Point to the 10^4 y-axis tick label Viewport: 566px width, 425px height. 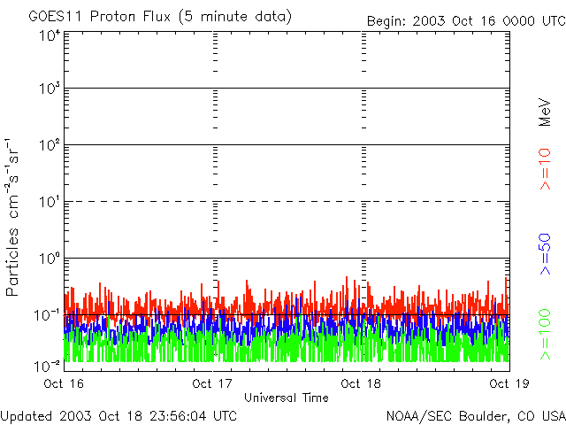pos(50,35)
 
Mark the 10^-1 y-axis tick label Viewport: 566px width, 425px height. pos(48,315)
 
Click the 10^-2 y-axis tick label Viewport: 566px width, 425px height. pos(48,364)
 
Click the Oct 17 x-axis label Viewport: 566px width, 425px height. pos(212,383)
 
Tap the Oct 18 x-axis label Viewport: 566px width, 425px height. pos(361,383)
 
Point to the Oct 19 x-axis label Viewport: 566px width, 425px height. pos(509,383)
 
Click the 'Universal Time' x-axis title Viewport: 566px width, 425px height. pos(287,398)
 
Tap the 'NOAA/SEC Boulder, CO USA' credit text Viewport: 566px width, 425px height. pos(475,415)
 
